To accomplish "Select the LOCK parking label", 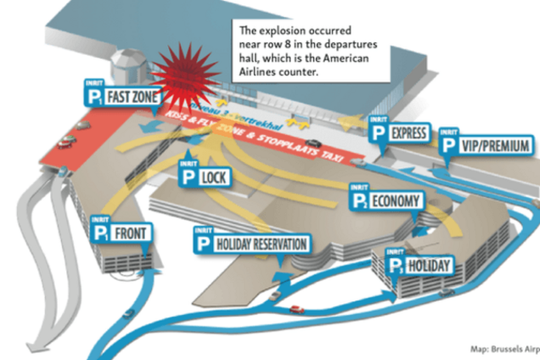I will pyautogui.click(x=212, y=177).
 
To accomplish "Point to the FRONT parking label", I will pyautogui.click(x=133, y=233).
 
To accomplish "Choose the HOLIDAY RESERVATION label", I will pyautogui.click(x=261, y=244).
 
